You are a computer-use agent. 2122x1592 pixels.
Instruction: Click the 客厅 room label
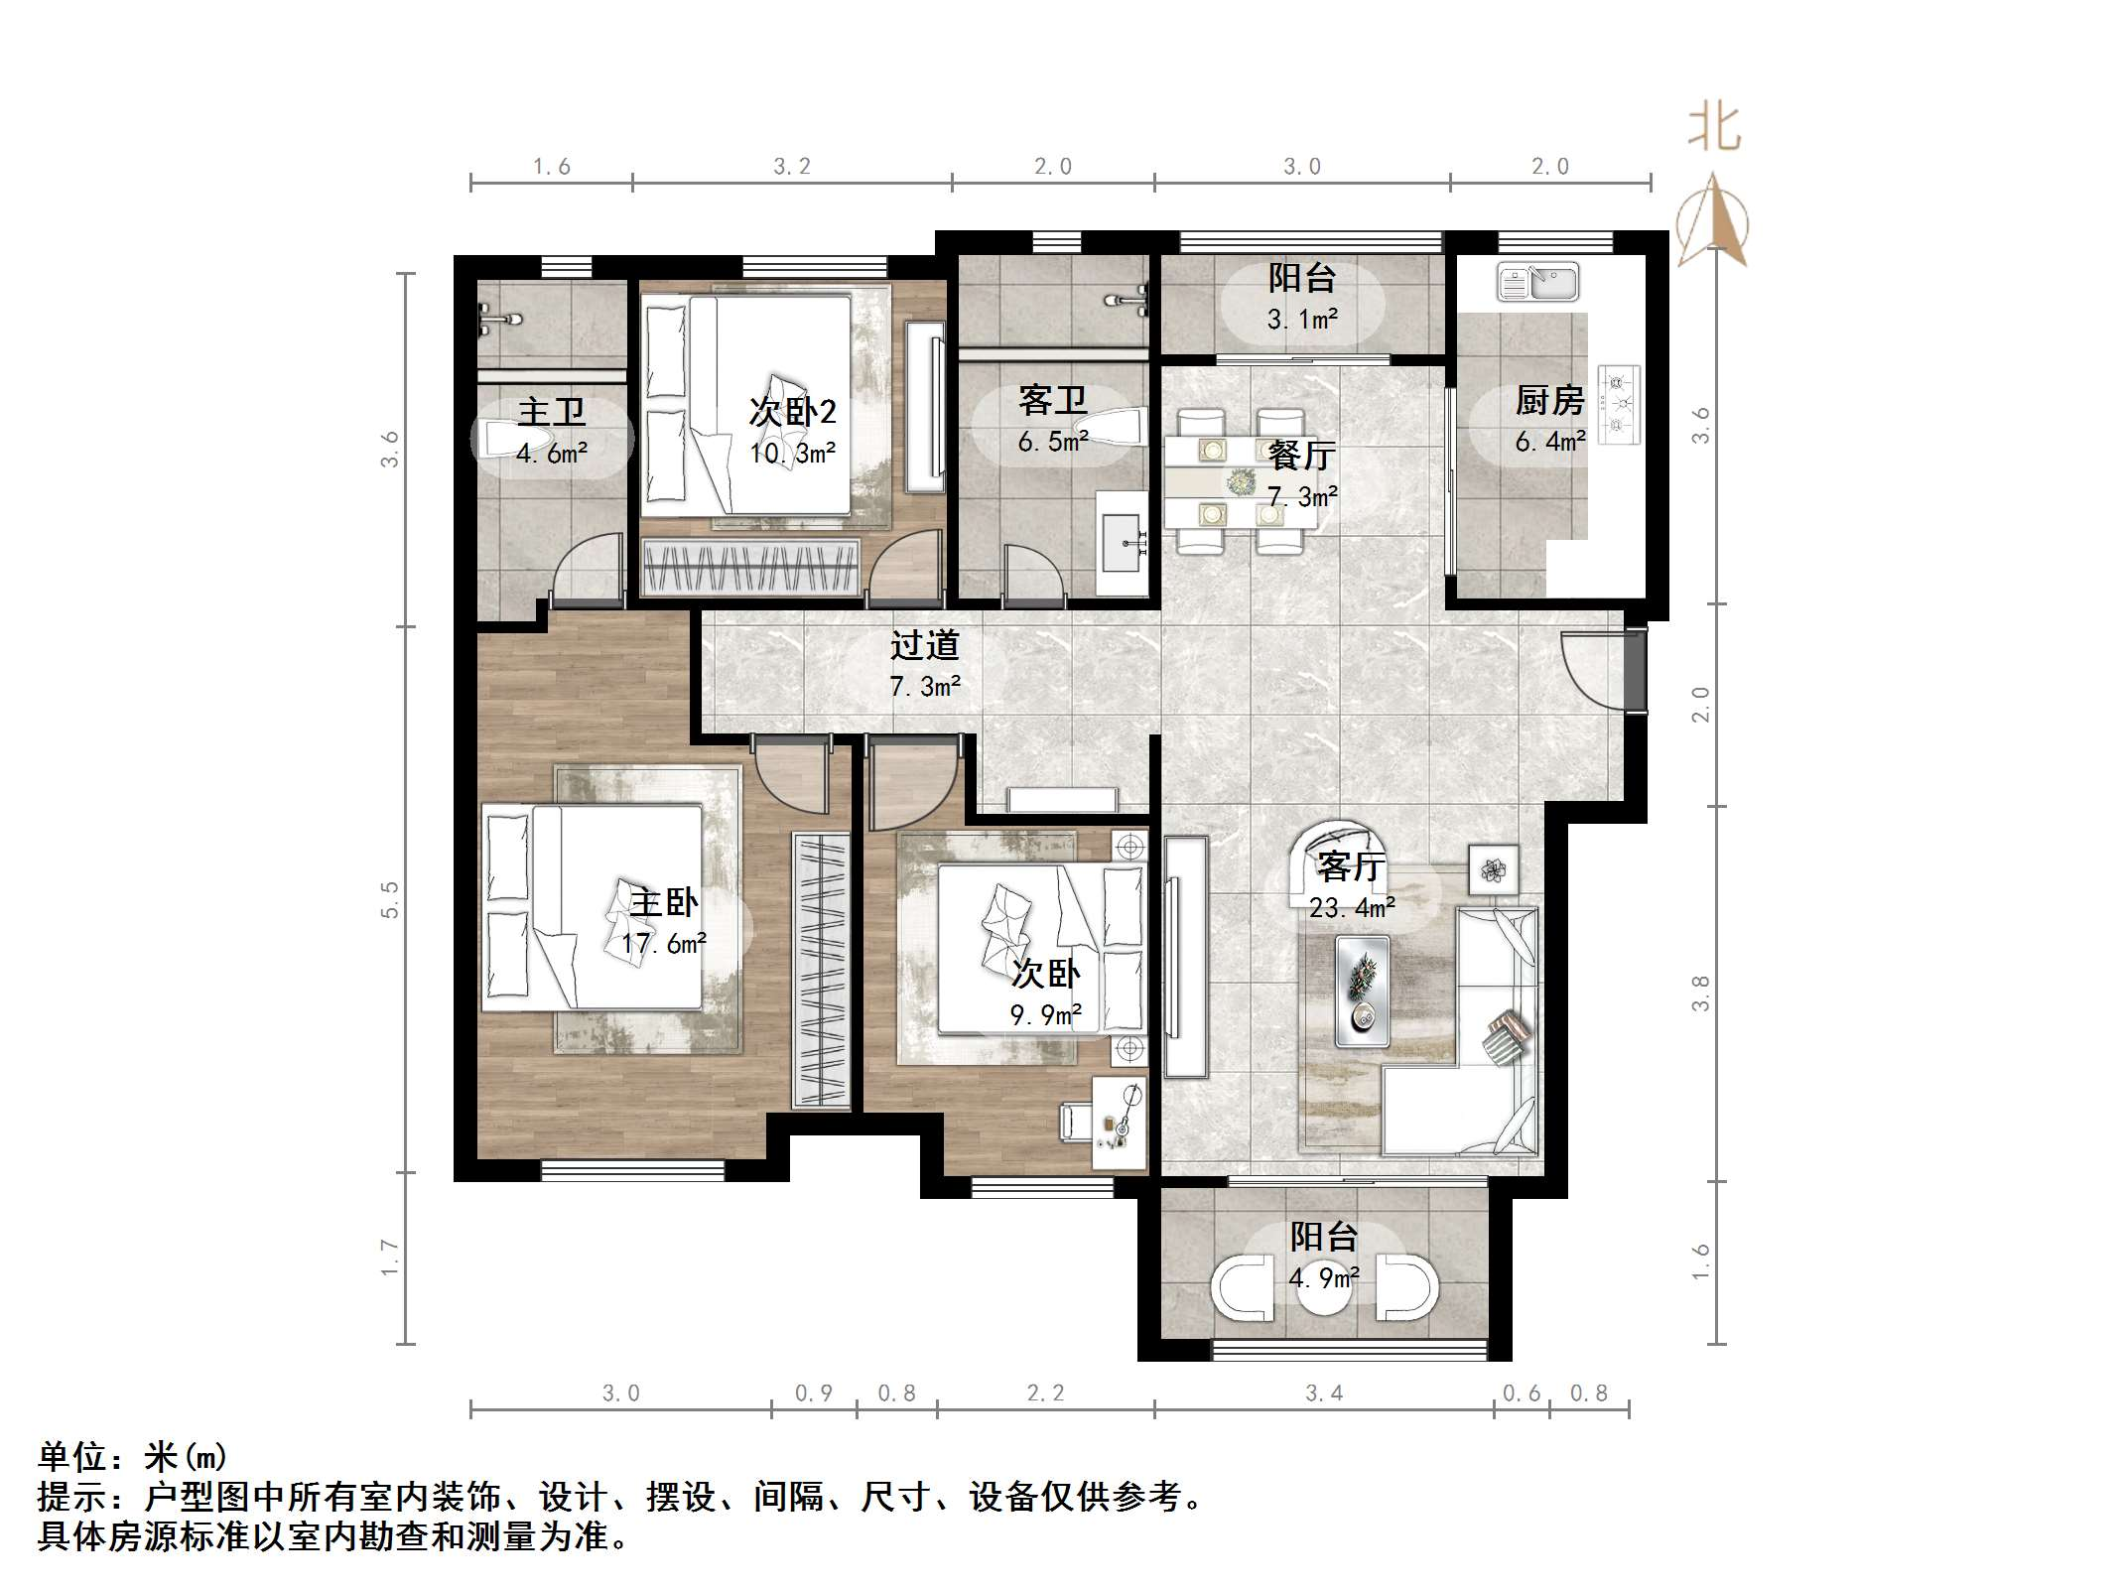click(1351, 866)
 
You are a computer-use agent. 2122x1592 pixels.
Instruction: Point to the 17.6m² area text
click(664, 943)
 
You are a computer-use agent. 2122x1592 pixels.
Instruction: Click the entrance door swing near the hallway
click(1592, 669)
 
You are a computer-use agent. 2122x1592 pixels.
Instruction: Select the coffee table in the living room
click(1362, 991)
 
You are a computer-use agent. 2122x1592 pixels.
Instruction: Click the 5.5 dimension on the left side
click(389, 899)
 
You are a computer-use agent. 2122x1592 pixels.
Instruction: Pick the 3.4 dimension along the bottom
click(1323, 1393)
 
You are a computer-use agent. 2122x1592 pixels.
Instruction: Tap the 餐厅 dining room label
click(1301, 456)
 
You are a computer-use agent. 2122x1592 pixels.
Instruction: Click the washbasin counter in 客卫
click(1124, 542)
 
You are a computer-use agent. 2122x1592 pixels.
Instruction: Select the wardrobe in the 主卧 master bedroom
click(822, 971)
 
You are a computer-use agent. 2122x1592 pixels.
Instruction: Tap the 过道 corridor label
click(924, 645)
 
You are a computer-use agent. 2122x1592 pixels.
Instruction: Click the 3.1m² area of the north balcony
click(1302, 319)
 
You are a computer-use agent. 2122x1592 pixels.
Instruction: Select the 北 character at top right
click(1714, 129)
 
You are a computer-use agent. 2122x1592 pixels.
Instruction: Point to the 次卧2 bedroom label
click(792, 411)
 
